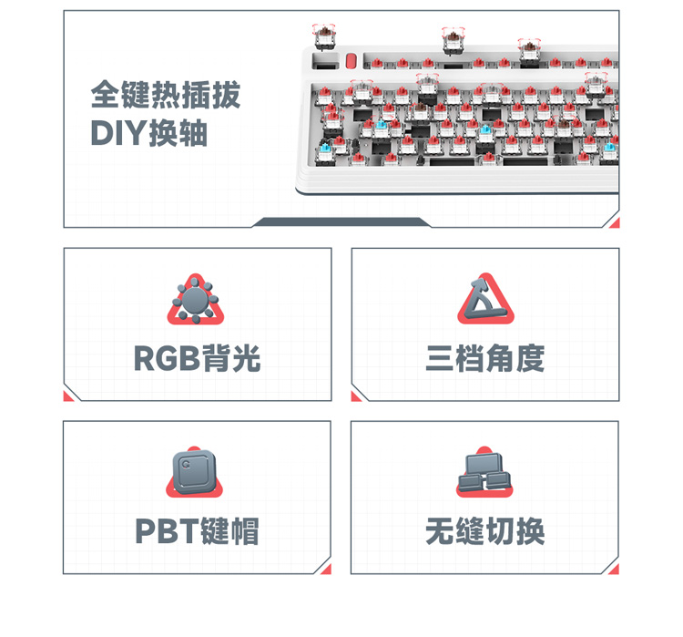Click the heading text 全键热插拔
[x=166, y=94]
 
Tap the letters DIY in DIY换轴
[x=118, y=133]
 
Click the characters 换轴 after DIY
[x=178, y=133]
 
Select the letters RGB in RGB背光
[x=167, y=358]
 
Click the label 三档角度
[x=484, y=358]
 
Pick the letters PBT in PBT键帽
[x=168, y=531]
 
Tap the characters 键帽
[x=230, y=531]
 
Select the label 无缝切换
[x=484, y=531]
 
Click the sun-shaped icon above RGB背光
[x=196, y=300]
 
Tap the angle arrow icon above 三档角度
[x=485, y=299]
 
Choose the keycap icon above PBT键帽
[x=194, y=472]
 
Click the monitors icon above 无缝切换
[x=484, y=472]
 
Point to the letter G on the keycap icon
[x=187, y=465]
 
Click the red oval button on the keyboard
[x=352, y=61]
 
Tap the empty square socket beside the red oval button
[x=325, y=61]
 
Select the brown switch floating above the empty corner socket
[x=325, y=36]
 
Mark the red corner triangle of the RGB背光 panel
[x=67, y=396]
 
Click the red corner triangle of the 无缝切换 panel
[x=615, y=570]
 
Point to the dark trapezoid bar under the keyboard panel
[x=341, y=222]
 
